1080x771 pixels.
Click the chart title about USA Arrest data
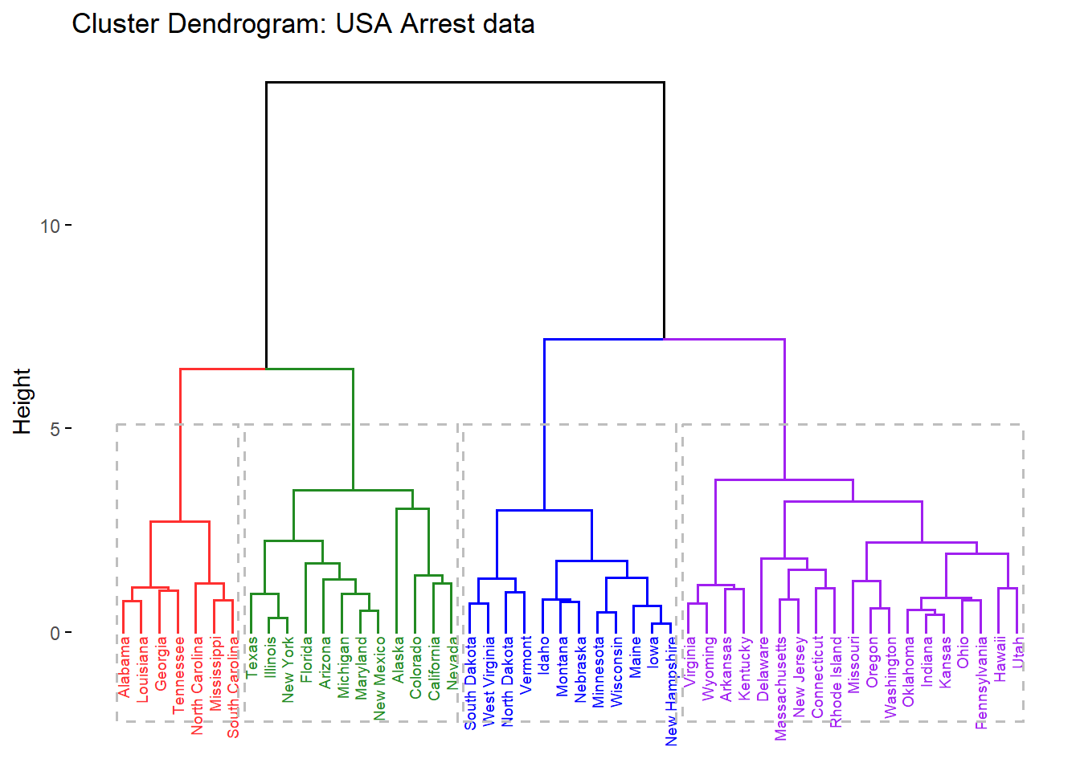(x=303, y=24)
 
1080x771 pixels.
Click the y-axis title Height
(x=22, y=401)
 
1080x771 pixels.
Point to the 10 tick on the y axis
(x=50, y=226)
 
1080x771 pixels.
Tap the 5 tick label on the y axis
(x=55, y=429)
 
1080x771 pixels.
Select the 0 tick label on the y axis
(x=55, y=633)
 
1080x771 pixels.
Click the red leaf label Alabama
(x=124, y=667)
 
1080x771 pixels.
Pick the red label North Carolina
(x=197, y=685)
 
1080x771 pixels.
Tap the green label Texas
(x=252, y=657)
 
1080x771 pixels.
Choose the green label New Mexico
(x=380, y=678)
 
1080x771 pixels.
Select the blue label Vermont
(x=526, y=664)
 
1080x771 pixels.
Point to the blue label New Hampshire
(x=672, y=691)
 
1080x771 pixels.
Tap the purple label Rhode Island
(x=836, y=682)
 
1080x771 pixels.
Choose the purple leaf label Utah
(x=1018, y=652)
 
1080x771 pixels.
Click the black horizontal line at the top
(x=464, y=82)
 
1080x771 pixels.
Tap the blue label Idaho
(x=544, y=655)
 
